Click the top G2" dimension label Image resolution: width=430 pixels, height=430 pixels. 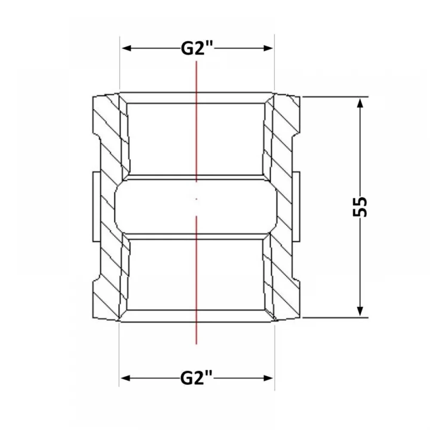(197, 49)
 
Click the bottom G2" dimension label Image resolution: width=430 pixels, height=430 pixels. (197, 378)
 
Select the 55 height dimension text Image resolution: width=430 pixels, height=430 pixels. (360, 207)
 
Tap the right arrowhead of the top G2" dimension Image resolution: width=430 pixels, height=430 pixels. (268, 49)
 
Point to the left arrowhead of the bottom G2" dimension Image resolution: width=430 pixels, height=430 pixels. (126, 378)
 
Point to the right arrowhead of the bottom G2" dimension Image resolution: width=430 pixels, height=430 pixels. (268, 378)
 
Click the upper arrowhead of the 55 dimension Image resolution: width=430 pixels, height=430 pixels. (360, 104)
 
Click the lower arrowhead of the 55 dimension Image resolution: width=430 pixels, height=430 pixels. (360, 311)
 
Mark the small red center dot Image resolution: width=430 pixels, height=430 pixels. (197, 199)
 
